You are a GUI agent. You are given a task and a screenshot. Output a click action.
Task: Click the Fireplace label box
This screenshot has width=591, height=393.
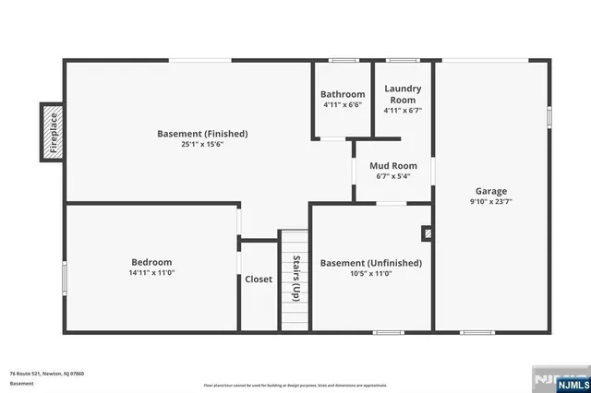point(53,132)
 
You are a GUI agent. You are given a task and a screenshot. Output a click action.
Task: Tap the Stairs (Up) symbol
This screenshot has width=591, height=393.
point(295,279)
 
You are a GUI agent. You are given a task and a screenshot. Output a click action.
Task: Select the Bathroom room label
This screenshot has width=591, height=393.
point(343,94)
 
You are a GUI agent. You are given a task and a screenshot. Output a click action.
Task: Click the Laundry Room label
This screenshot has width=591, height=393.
point(404,94)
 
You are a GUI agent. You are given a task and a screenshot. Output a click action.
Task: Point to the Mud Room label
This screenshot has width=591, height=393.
point(387,166)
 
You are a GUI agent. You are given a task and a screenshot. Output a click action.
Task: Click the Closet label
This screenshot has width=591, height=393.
point(259,280)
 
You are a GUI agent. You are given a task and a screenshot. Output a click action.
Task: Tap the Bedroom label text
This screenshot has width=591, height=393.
point(151,262)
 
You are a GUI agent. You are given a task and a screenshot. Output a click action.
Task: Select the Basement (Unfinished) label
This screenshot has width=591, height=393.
point(370,263)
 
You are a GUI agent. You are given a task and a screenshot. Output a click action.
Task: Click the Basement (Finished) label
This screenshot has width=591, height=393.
point(202,134)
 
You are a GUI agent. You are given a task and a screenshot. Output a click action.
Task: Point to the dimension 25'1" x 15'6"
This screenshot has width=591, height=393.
point(202,145)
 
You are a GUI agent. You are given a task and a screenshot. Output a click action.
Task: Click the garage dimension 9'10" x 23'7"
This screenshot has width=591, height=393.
point(490,201)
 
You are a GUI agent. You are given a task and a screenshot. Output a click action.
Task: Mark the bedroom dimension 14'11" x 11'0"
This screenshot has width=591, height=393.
point(151,273)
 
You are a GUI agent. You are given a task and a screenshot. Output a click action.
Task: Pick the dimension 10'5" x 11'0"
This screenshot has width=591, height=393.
point(370,274)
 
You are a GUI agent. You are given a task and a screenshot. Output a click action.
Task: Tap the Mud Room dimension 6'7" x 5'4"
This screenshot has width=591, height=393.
point(387,177)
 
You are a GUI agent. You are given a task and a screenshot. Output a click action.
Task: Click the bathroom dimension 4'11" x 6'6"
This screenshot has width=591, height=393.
point(343,105)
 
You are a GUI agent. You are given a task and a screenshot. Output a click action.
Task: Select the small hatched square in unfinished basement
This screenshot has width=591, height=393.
point(428,234)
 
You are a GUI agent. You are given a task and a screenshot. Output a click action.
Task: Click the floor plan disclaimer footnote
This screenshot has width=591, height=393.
point(295,385)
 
